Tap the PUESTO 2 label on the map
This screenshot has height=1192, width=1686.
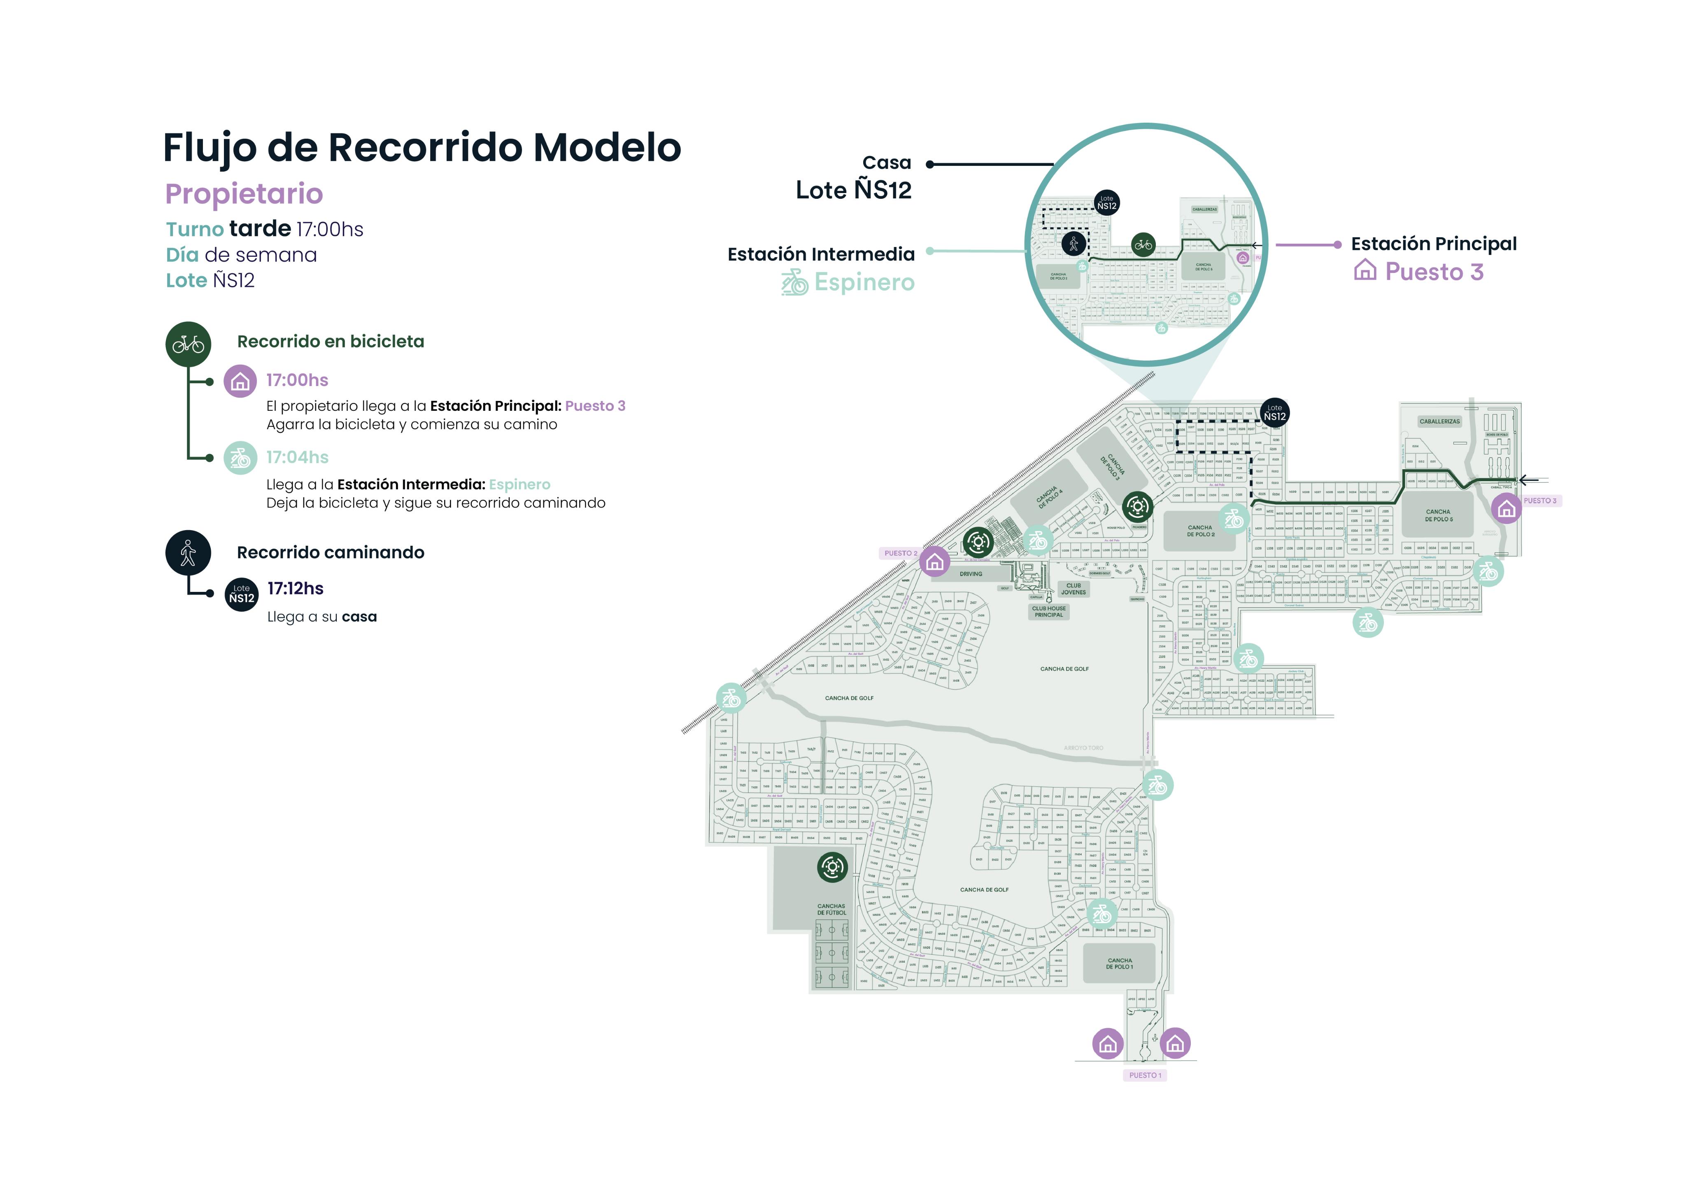(900, 553)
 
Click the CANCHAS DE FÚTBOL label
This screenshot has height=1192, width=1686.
(831, 909)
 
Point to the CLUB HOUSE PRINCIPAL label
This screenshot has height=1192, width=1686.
(1049, 612)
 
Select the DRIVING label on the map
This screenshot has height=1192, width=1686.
(971, 574)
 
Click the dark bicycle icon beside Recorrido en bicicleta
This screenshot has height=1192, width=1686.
(189, 344)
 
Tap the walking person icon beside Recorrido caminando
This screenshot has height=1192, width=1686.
(188, 552)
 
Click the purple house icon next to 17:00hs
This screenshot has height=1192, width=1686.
(240, 381)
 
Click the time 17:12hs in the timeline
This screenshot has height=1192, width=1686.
(295, 588)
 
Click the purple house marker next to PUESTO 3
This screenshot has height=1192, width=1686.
(1506, 508)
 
